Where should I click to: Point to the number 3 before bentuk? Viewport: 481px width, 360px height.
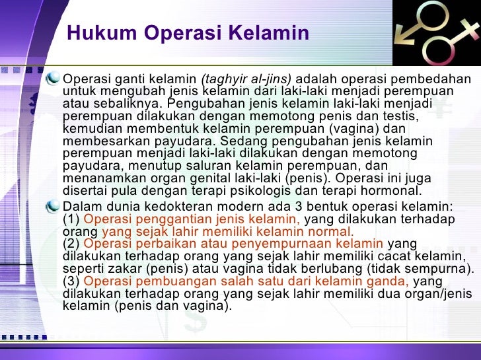click(x=298, y=207)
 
